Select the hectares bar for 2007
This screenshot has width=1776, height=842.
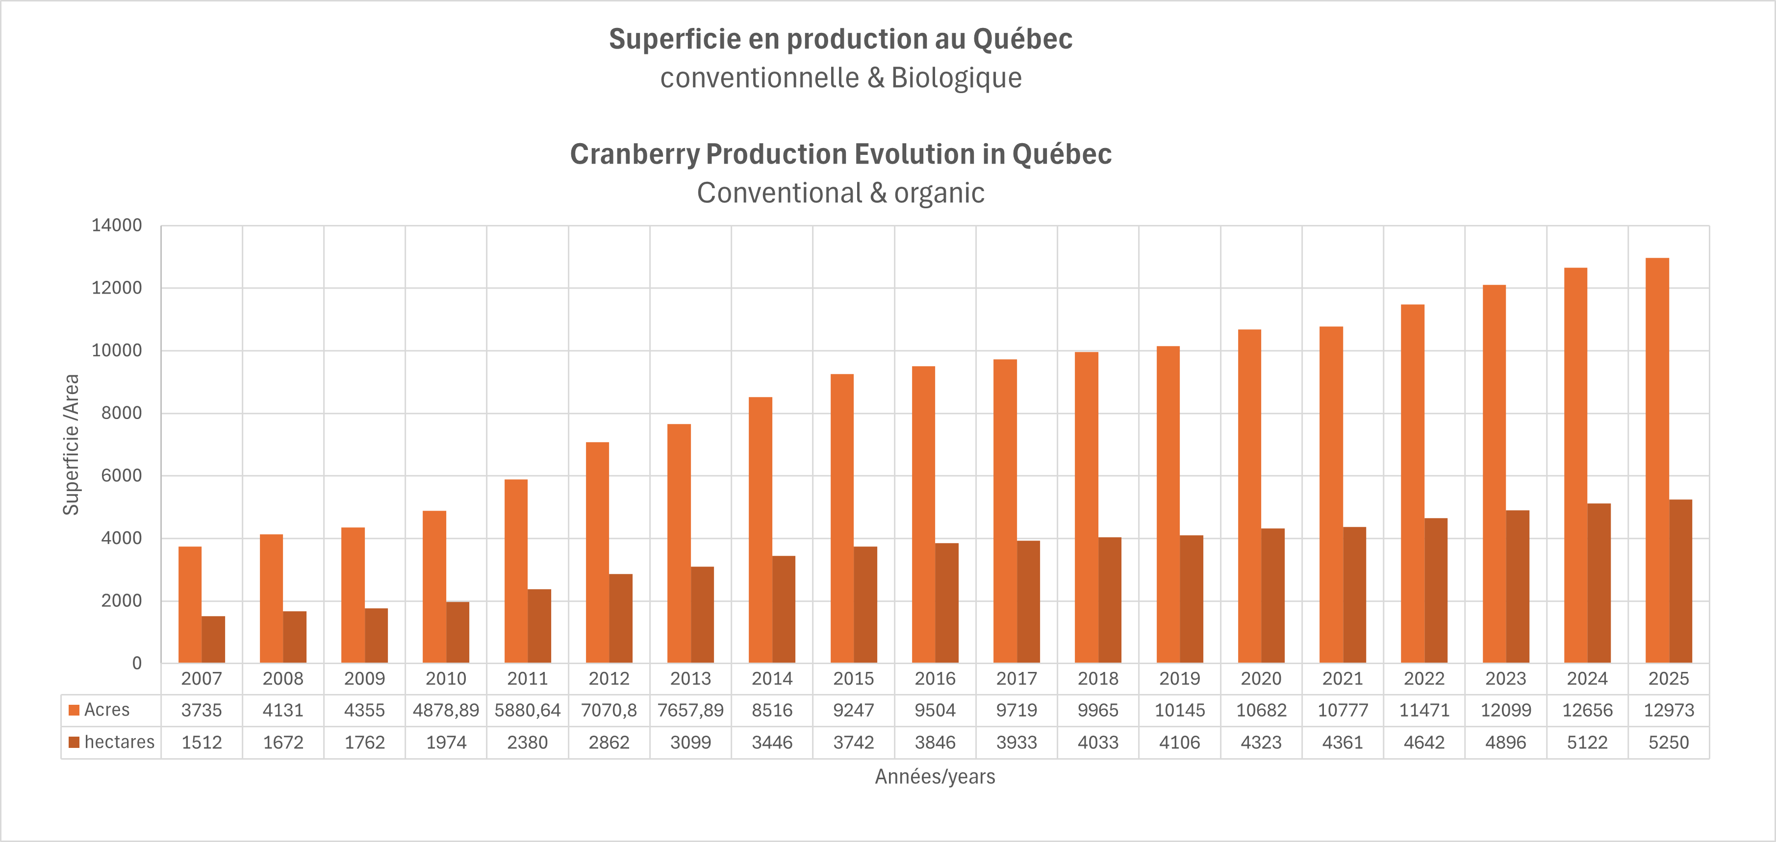point(213,640)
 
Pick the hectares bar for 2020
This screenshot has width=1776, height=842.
point(1273,595)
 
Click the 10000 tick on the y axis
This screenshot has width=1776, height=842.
point(117,351)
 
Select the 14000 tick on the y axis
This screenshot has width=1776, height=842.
point(117,225)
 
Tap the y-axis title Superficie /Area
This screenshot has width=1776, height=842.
point(71,445)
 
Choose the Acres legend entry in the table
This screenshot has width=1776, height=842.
point(106,710)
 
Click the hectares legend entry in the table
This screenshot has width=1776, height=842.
point(119,742)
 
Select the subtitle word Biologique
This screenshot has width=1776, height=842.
point(956,78)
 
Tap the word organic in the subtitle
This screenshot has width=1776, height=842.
point(939,193)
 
